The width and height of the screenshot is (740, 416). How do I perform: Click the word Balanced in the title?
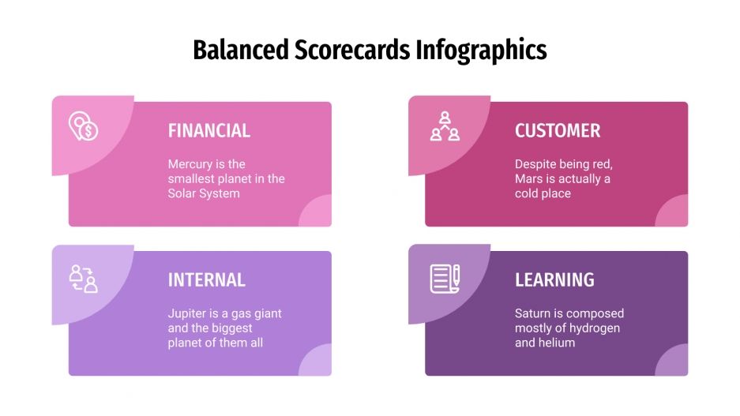pos(241,51)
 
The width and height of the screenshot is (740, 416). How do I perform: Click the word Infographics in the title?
pos(481,51)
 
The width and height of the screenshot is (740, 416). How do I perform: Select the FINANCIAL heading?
pos(208,131)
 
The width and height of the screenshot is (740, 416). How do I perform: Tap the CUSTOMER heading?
pos(558,131)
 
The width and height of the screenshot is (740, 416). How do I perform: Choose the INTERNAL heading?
pos(206,280)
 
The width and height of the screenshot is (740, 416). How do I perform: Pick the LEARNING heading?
pos(554,280)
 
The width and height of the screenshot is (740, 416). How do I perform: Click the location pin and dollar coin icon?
pos(83,126)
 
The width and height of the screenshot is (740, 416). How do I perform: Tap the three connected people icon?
pos(445,126)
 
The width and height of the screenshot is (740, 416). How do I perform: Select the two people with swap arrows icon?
pos(83,279)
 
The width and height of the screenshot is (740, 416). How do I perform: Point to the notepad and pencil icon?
pos(445,279)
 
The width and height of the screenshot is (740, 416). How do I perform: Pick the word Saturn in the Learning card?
pos(534,313)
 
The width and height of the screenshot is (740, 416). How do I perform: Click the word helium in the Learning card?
pos(557,343)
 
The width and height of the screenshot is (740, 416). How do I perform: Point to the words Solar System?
pos(204,193)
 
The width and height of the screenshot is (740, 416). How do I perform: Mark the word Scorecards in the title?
pos(352,51)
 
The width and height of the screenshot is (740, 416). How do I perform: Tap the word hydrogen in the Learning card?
pos(594,328)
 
